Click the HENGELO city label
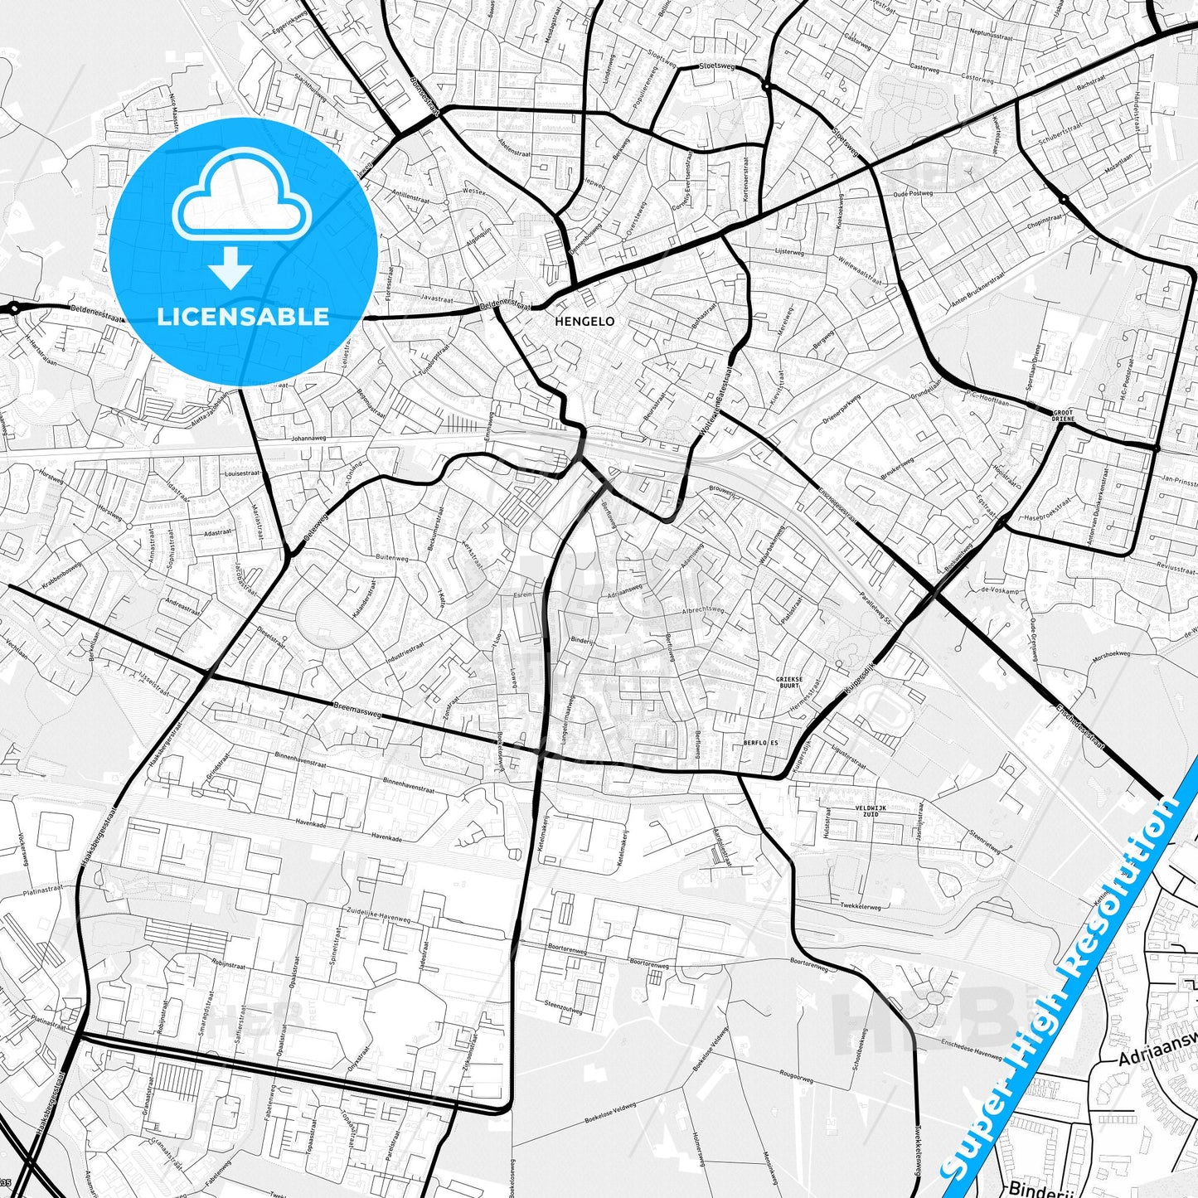(x=584, y=321)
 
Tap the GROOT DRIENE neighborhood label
(x=1062, y=415)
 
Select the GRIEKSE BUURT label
(x=788, y=682)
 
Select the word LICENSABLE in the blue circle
(x=243, y=317)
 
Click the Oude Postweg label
(x=913, y=193)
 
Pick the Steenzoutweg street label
(x=563, y=1007)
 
